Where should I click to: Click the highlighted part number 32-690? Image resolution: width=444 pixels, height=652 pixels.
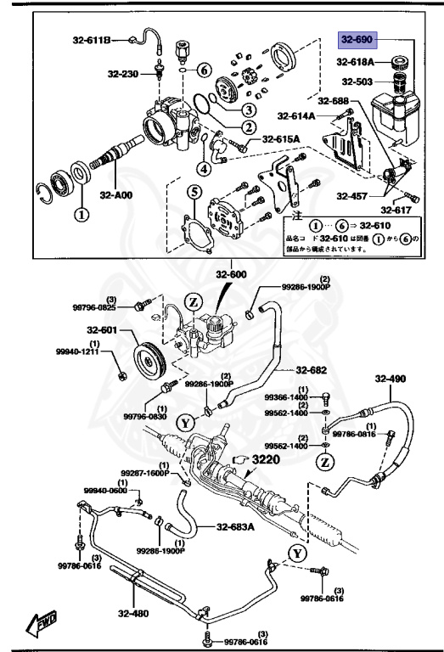click(x=357, y=39)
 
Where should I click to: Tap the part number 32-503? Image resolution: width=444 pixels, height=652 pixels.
click(x=358, y=81)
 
